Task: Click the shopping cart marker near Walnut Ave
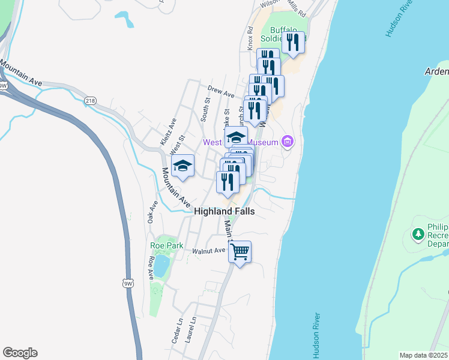240,252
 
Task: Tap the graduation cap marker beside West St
182,166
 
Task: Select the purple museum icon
288,142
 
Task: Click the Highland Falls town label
224,212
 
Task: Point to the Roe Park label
166,245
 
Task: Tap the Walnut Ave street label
208,251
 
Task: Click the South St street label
205,112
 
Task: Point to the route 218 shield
91,100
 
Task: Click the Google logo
20,353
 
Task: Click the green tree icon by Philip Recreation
417,233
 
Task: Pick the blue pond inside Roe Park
161,266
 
